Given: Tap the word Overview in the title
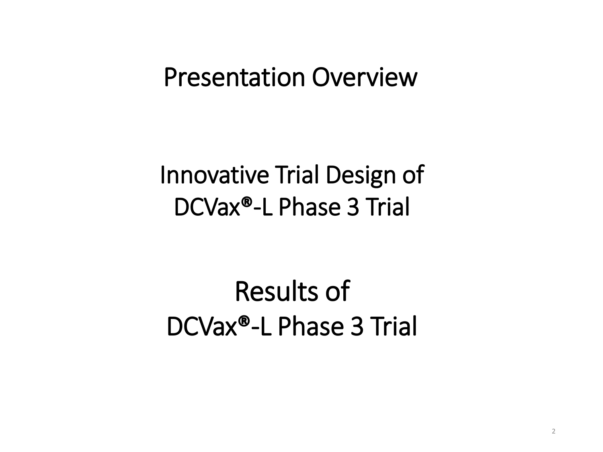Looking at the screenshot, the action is pos(365,78).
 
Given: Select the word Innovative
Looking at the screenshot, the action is pos(214,175).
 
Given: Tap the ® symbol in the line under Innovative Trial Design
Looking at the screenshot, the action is pos(247,202).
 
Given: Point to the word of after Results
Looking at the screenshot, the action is pos(338,291).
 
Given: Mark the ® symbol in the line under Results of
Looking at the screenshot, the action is pos(244,321).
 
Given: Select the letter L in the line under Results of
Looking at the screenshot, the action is pos(266,326).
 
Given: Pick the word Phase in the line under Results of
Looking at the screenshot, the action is pos(311,326).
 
